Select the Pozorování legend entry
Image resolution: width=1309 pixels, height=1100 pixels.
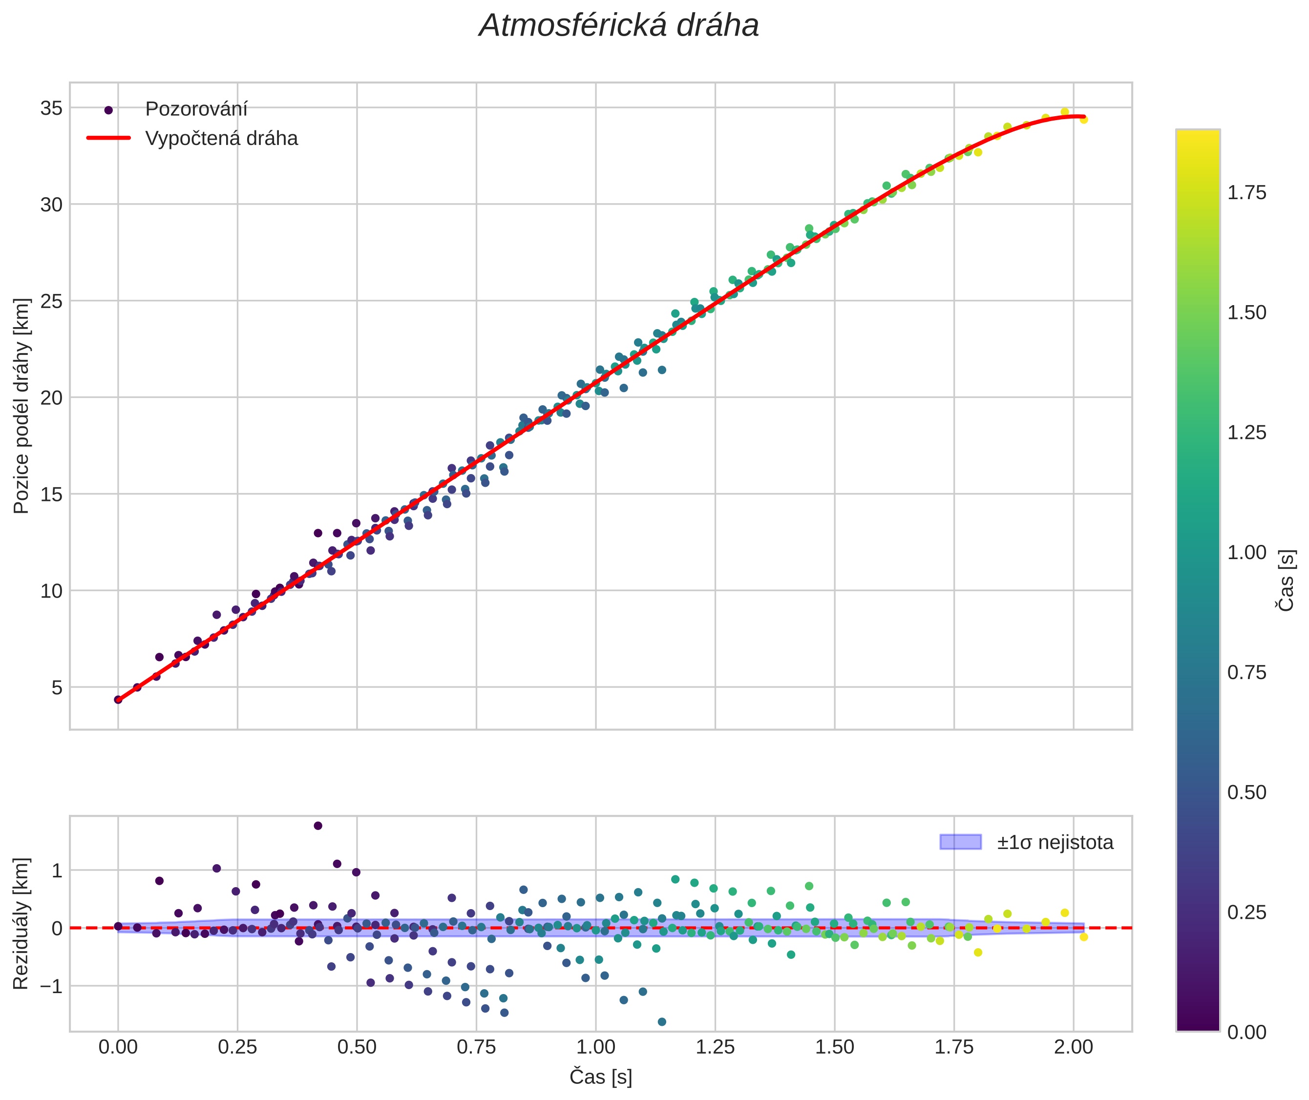click(x=196, y=109)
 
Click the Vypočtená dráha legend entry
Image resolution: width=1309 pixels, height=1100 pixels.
click(x=221, y=139)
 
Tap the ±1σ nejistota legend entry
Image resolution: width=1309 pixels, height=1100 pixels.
click(x=1055, y=843)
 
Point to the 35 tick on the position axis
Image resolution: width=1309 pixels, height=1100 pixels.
click(x=52, y=108)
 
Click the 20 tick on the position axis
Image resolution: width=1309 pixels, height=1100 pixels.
click(x=52, y=398)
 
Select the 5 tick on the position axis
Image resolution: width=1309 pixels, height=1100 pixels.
click(x=57, y=687)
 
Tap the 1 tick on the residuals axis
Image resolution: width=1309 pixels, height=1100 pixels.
click(x=57, y=871)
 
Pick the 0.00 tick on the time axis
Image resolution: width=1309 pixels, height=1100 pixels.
click(x=118, y=1047)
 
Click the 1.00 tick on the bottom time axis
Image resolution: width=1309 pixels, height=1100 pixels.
click(x=596, y=1047)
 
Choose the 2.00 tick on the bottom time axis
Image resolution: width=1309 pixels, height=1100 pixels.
click(x=1073, y=1047)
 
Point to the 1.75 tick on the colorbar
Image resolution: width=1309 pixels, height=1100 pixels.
click(x=1246, y=193)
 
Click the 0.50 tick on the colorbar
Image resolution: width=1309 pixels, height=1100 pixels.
click(x=1246, y=792)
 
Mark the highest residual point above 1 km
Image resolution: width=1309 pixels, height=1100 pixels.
click(x=317, y=826)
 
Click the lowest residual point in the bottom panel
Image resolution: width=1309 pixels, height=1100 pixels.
click(x=662, y=1021)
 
